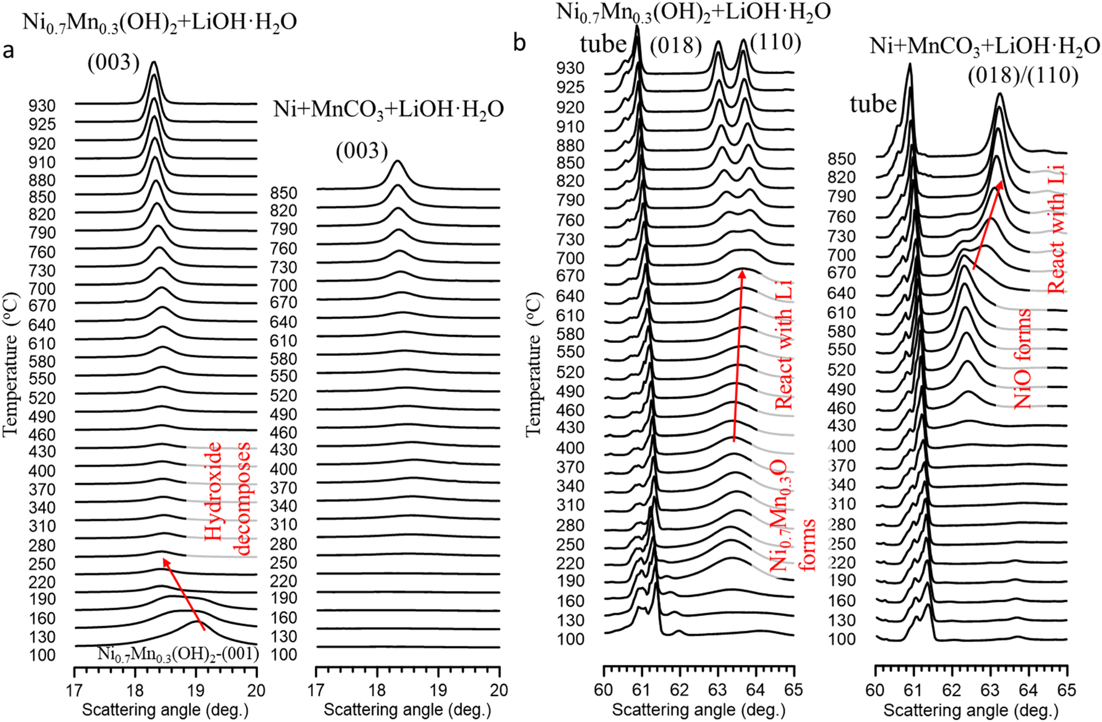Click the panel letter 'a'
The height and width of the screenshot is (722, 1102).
tap(8, 51)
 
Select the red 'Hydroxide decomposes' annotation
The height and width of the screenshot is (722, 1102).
tap(226, 498)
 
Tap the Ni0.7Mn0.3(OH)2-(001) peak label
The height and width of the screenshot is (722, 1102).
tap(178, 654)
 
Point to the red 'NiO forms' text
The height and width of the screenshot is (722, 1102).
tap(1021, 359)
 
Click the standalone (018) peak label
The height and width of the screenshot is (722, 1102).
tap(676, 45)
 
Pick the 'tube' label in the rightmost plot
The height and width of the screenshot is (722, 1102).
tap(873, 104)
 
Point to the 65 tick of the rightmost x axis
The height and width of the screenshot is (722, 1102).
tap(1066, 690)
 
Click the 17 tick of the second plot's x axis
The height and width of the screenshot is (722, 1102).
tap(316, 690)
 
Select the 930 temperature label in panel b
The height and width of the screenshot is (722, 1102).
tap(570, 68)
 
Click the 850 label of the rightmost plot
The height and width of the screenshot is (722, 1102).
tap(842, 159)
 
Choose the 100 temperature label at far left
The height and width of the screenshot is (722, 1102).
tap(42, 655)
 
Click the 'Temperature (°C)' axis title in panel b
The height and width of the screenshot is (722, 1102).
tap(533, 365)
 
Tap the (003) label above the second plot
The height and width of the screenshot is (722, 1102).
tap(361, 151)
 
